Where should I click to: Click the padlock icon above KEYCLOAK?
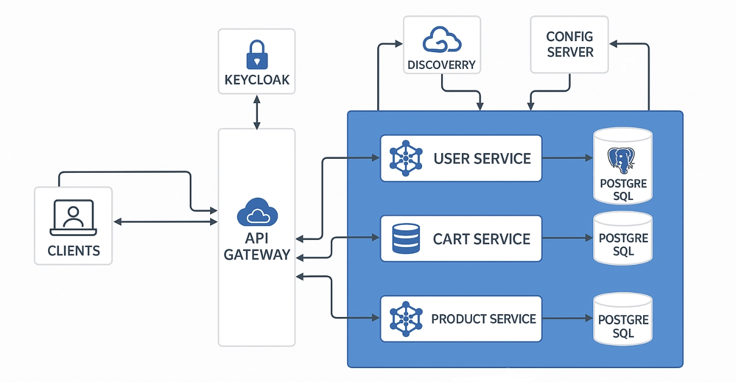[257, 54]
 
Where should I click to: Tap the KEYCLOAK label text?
[257, 80]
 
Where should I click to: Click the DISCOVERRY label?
[442, 65]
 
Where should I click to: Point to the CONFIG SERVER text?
[569, 45]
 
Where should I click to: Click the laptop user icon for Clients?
[73, 218]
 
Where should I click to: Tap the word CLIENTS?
[73, 251]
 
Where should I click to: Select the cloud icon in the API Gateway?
[256, 213]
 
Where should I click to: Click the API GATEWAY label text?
[257, 247]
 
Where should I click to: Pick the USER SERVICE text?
[482, 158]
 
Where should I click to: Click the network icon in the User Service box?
[406, 158]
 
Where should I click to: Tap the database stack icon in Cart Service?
[406, 238]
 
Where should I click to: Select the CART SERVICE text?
[481, 239]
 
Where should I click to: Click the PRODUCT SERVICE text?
[484, 319]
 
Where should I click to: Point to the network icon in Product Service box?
[406, 318]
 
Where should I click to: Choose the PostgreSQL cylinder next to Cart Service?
[623, 239]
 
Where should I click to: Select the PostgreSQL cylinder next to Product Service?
[623, 320]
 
